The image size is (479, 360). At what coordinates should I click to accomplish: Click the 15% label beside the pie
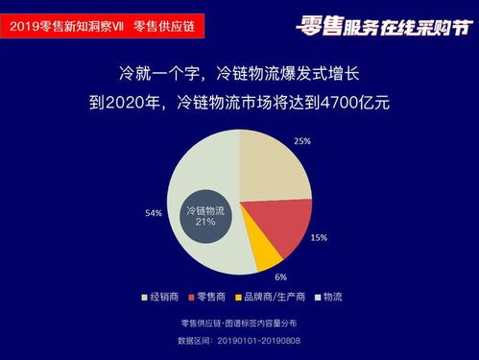[319, 237]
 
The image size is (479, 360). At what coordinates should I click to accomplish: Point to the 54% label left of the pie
[154, 213]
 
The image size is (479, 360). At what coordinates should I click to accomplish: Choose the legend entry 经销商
[163, 296]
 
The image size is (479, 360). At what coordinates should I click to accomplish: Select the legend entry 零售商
[208, 296]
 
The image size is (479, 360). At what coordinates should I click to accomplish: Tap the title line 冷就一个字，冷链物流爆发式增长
[239, 73]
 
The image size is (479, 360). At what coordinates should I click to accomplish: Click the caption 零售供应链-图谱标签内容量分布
[239, 323]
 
